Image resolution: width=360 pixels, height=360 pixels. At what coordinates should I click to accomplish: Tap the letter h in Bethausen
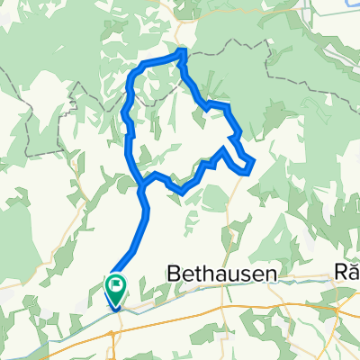tap(207, 272)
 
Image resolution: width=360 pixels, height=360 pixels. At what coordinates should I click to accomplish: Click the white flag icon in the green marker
tap(117, 286)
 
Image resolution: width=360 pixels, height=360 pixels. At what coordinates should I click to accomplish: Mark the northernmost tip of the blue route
tap(182, 52)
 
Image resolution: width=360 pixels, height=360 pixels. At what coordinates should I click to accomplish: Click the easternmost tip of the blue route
tap(254, 162)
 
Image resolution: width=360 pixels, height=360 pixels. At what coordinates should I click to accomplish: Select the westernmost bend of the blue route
tap(124, 115)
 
